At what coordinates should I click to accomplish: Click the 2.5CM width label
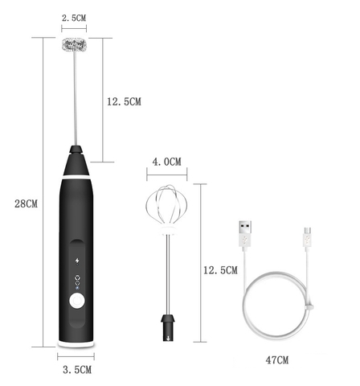pos(74,17)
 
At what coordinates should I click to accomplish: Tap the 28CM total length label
pos(26,203)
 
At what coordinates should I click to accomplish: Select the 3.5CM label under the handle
pos(77,369)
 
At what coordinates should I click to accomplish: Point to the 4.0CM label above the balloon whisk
pos(166,162)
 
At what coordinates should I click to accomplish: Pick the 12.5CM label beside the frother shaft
pos(124,101)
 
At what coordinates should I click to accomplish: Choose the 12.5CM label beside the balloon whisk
pos(219,270)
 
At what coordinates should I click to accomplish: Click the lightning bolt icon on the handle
pos(77,260)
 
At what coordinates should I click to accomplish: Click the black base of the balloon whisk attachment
pos(167,325)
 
